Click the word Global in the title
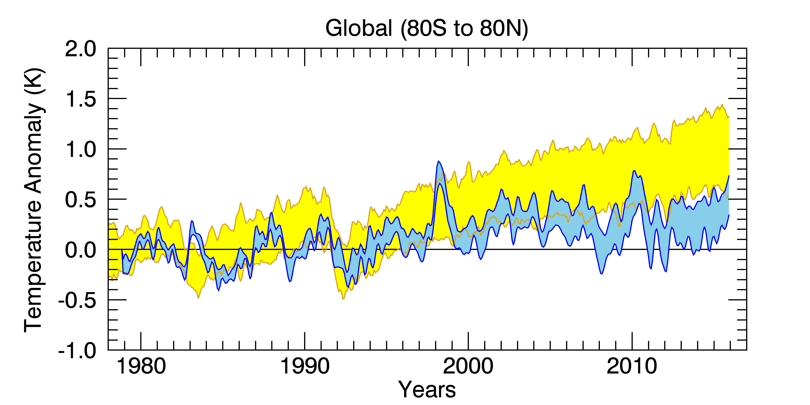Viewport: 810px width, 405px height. (x=359, y=28)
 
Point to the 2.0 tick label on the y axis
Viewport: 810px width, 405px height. (x=81, y=49)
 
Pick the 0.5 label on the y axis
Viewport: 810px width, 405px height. (x=81, y=200)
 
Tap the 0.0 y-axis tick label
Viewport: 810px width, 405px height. (x=81, y=250)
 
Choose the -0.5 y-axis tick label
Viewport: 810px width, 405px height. (x=77, y=301)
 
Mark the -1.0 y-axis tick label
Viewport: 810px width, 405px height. (x=77, y=351)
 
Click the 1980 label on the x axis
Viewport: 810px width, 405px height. (x=141, y=366)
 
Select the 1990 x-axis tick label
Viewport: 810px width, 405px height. (x=305, y=366)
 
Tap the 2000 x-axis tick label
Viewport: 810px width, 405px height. (x=468, y=366)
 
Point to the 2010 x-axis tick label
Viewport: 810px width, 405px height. (x=632, y=366)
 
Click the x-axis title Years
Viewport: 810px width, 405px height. (x=427, y=389)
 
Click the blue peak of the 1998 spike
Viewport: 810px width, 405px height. (x=438, y=161)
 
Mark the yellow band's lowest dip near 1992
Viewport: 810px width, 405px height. (x=343, y=299)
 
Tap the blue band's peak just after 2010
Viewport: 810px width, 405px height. (x=634, y=171)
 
